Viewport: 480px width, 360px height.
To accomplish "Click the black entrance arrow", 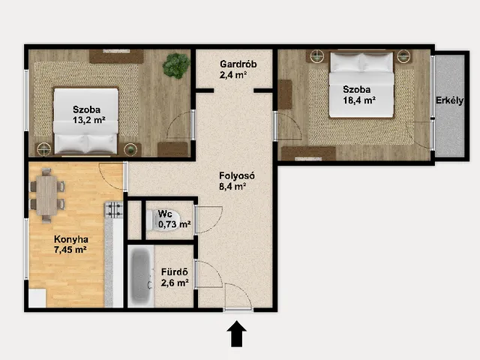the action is [x=236, y=334].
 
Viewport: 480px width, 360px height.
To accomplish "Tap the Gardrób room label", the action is [x=238, y=64].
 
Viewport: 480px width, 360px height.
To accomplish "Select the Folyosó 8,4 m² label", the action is [x=237, y=181].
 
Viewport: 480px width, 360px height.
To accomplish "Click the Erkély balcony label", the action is [x=449, y=100].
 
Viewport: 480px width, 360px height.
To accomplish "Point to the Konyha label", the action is [x=71, y=239].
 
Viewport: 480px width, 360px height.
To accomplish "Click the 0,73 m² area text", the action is [x=175, y=224].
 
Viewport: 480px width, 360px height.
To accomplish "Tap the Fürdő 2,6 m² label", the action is [x=175, y=277].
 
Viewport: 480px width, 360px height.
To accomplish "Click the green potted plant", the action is [x=176, y=65].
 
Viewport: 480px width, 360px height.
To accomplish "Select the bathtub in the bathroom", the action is [x=141, y=276].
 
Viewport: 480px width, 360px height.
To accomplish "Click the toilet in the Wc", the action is [x=162, y=220].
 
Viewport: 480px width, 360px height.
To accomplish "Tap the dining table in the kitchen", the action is [x=46, y=195].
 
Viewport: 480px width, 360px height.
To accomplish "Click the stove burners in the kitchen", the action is [x=114, y=210].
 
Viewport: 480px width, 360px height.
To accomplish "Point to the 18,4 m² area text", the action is [x=359, y=100].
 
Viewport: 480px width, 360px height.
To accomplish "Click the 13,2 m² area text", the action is [x=89, y=120].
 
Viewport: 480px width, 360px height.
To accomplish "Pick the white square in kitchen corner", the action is [x=37, y=298].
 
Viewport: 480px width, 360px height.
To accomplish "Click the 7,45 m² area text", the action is [x=70, y=250].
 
